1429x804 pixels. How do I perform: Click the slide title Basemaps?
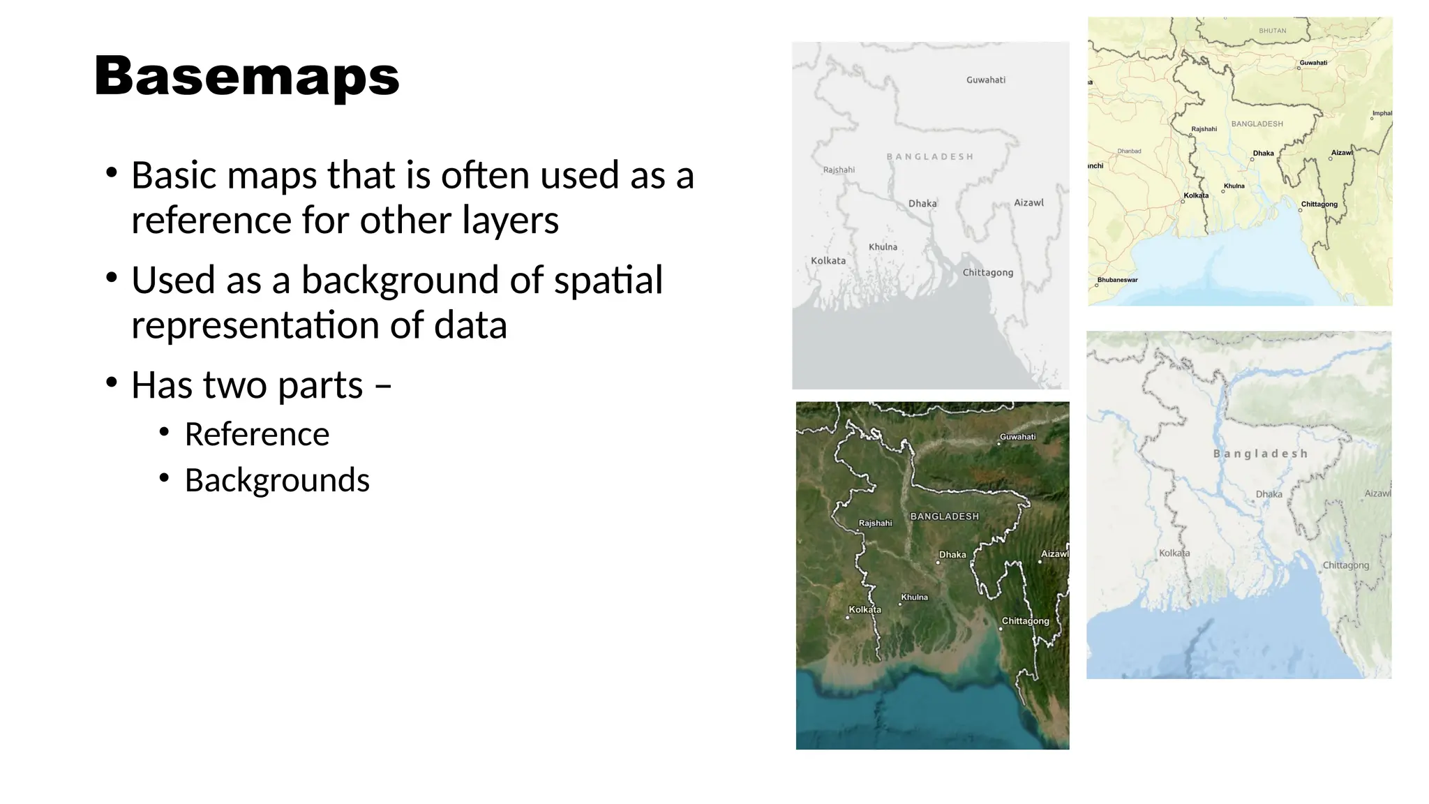coord(247,76)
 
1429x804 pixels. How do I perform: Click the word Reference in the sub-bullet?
coord(257,434)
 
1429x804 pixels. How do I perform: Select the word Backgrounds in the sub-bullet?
coord(277,480)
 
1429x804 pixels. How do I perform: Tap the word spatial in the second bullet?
coord(608,280)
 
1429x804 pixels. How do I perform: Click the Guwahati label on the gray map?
coord(985,80)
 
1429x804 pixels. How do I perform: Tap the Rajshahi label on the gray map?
coord(839,170)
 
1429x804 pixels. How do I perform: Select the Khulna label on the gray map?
coord(883,247)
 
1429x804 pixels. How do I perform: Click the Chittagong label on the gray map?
coord(987,273)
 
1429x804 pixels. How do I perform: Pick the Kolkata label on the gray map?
coord(828,261)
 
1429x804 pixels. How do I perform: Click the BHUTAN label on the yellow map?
coord(1272,31)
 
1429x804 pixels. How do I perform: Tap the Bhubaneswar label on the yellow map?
coord(1117,280)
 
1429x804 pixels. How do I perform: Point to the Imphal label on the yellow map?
coord(1382,113)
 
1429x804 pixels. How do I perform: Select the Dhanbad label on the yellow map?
coord(1129,151)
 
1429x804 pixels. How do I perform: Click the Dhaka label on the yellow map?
coord(1263,154)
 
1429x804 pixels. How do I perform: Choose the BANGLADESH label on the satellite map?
coord(944,516)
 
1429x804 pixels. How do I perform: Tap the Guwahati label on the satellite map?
coord(1017,437)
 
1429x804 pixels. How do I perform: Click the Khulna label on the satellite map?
coord(914,597)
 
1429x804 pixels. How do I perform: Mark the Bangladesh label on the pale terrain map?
coord(1260,454)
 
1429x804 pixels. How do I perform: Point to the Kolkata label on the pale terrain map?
coord(1174,553)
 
